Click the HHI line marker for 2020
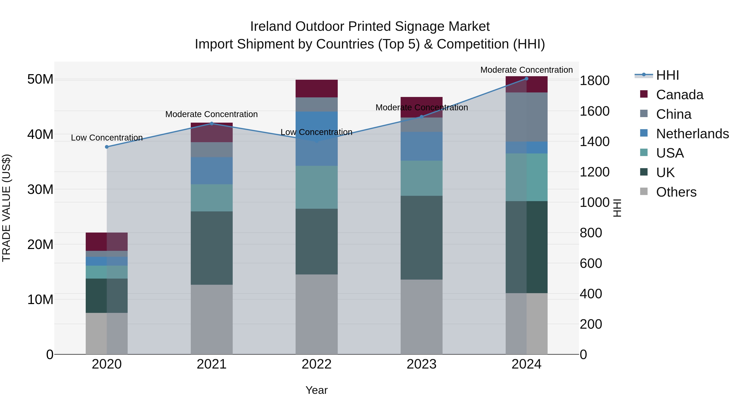pos(106,147)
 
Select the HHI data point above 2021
pos(212,123)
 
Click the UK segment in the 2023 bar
pos(421,237)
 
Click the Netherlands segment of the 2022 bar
pos(316,138)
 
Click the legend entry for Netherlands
pos(692,134)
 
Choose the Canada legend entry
pos(679,95)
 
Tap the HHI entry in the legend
pos(667,75)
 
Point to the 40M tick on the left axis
pos(40,134)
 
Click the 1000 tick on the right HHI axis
pos(594,202)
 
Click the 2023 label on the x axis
pos(421,364)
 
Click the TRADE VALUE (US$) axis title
pos(6,208)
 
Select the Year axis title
pos(316,390)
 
